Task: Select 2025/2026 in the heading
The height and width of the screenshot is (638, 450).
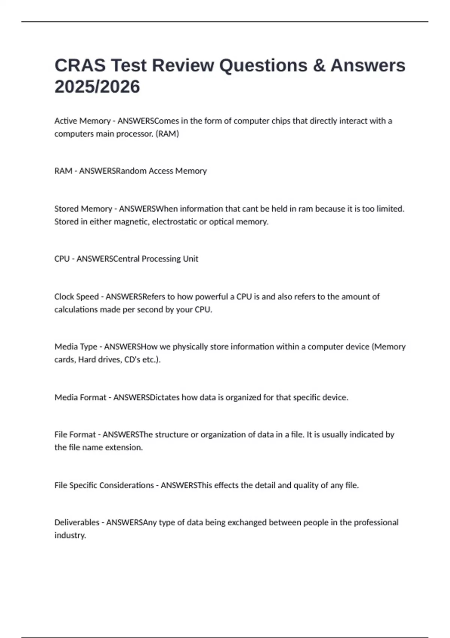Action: click(97, 87)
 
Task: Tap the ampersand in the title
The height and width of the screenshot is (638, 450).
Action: click(318, 65)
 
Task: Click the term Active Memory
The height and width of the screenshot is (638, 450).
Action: click(82, 121)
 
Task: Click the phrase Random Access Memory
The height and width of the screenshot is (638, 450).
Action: click(161, 171)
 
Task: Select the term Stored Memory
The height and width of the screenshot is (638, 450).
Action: click(83, 209)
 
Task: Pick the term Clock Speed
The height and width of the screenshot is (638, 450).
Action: click(76, 296)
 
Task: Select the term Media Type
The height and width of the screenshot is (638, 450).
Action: click(76, 346)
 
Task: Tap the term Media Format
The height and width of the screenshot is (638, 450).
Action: click(80, 397)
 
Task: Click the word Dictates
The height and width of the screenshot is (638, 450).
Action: click(165, 397)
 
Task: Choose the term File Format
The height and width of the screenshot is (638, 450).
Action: click(75, 434)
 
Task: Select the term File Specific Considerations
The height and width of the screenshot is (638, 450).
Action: click(104, 485)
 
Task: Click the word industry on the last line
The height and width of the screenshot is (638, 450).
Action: click(70, 535)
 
